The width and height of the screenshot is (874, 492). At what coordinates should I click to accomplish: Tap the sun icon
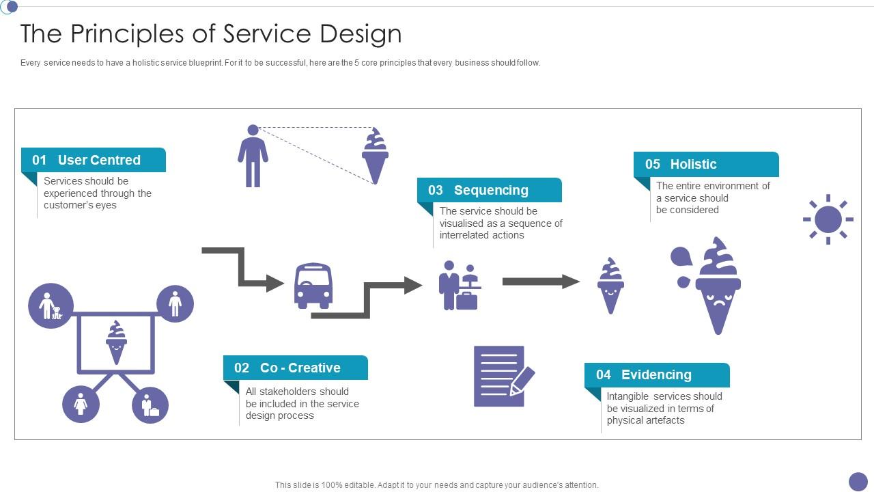828,219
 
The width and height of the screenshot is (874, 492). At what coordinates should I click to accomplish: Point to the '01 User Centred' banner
94,160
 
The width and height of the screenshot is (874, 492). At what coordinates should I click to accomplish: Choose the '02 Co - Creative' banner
296,368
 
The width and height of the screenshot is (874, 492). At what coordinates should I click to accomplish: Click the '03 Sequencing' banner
490,190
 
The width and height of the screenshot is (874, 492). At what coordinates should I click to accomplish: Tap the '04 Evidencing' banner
657,374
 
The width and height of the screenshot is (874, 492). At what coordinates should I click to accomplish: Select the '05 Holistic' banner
706,164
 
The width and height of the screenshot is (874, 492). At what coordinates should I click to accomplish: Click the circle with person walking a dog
51,305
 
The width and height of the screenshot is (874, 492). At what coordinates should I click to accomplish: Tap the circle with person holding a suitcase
150,405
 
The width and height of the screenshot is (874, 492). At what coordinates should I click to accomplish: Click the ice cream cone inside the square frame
116,342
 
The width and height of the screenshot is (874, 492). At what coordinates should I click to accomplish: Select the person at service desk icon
460,285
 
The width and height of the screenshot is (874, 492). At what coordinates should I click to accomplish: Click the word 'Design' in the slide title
361,33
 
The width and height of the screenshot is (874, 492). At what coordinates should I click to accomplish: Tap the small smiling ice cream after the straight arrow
610,286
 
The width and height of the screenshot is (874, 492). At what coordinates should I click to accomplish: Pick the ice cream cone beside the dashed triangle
375,156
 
